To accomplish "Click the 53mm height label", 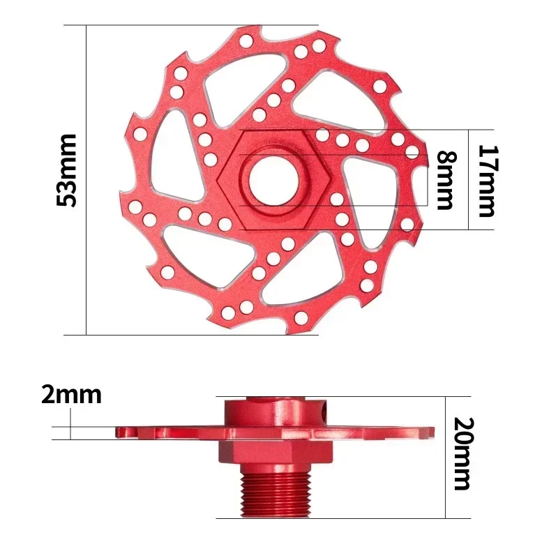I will (68, 179).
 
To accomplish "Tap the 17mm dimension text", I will (485, 180).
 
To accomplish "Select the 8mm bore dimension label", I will (444, 179).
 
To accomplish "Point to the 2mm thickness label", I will (71, 395).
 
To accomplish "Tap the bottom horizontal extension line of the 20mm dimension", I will (349, 518).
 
